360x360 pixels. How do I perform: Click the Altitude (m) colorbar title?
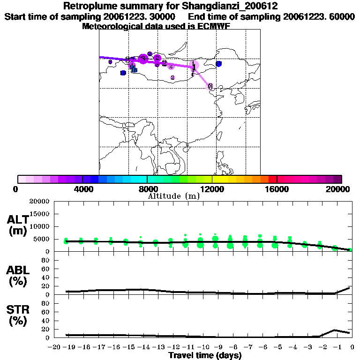(173, 196)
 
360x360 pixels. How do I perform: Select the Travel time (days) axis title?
(205, 356)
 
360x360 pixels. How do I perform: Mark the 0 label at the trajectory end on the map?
(210, 86)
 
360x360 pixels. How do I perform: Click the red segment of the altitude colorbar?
(272, 179)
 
